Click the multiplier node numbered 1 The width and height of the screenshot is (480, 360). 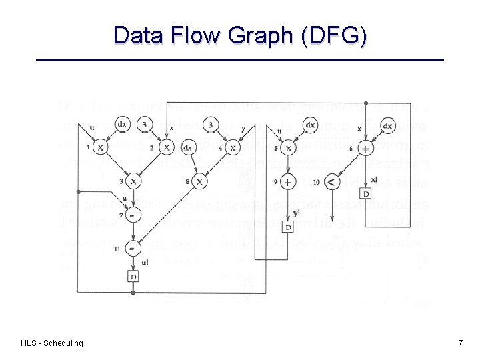(100, 147)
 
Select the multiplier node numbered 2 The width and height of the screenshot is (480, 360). (166, 147)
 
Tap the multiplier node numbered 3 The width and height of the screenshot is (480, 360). (133, 181)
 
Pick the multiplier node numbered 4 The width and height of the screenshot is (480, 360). (232, 147)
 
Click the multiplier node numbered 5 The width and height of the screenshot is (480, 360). (288, 148)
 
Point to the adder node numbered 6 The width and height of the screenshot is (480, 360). (365, 148)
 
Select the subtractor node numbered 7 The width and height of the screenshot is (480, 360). (133, 215)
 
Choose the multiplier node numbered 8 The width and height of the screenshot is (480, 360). (199, 181)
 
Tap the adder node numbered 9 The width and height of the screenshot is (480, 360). (288, 181)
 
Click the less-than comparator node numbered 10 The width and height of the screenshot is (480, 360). (332, 181)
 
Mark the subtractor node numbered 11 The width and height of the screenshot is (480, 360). (133, 248)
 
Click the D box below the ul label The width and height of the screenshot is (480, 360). (133, 276)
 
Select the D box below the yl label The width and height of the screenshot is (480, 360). (288, 227)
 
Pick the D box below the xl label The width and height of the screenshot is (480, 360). (365, 193)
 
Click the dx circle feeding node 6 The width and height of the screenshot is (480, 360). (387, 125)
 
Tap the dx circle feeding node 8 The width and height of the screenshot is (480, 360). (188, 148)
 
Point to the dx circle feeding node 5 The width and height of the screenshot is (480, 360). (309, 125)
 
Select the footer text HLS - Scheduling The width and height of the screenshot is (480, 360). (52, 343)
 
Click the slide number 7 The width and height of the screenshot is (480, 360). (461, 342)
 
